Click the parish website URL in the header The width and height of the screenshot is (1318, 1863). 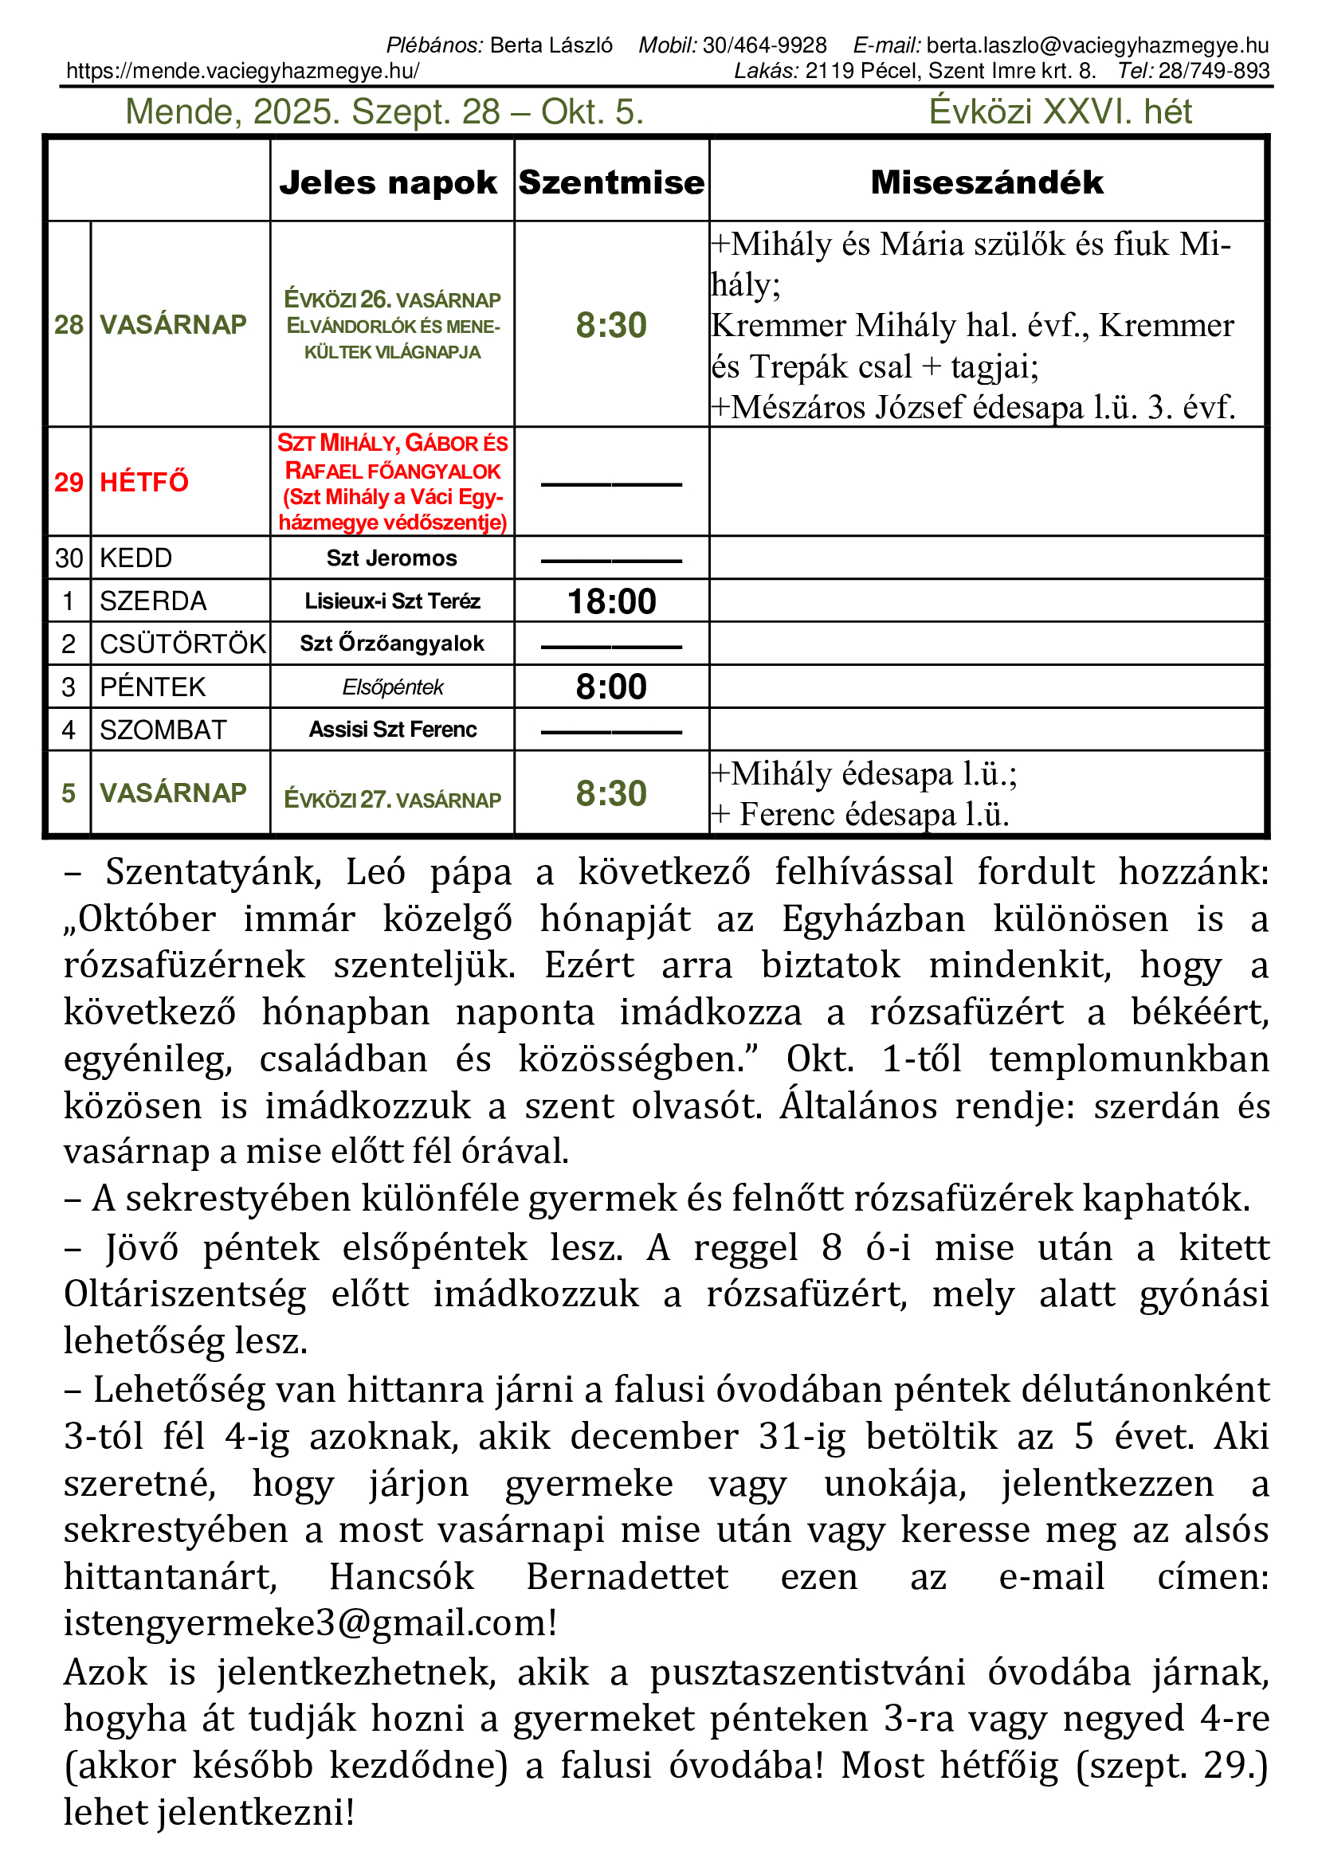point(243,72)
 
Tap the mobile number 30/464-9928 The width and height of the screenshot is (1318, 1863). point(764,45)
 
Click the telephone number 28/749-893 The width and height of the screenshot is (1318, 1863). point(1214,72)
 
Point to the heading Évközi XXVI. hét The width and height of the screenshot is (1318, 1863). point(1060,112)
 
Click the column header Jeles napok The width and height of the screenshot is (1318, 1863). point(388,182)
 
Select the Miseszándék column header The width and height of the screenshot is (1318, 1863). point(987,182)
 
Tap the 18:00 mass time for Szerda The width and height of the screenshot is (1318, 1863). point(611,601)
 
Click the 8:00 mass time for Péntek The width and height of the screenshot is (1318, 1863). point(611,687)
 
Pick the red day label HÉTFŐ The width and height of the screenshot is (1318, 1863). point(143,482)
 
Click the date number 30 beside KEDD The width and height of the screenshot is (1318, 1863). point(69,558)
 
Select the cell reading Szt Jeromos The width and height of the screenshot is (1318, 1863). point(392,558)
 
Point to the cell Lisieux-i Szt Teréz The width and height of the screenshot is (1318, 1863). point(392,601)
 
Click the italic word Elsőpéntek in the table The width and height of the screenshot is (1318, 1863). point(392,688)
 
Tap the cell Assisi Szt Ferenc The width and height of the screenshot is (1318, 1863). point(392,730)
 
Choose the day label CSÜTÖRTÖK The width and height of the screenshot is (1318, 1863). point(182,644)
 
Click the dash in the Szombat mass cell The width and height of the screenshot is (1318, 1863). point(611,732)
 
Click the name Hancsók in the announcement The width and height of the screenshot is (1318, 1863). point(401,1576)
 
